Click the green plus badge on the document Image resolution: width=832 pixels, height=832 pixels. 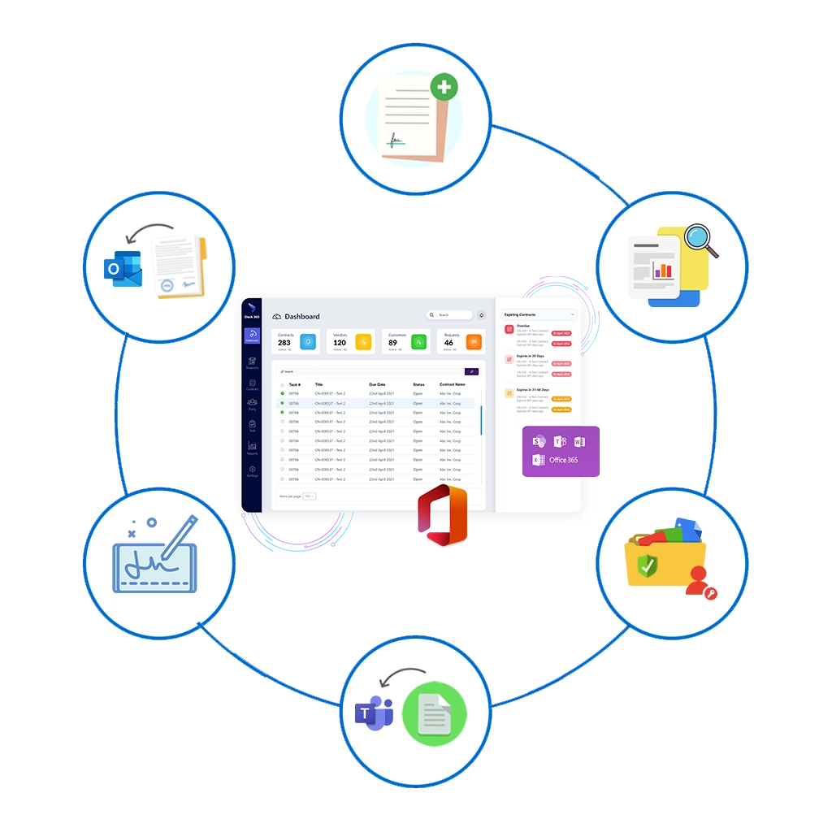point(444,86)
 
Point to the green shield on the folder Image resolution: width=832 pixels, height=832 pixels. point(647,566)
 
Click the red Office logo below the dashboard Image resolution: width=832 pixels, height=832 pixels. point(443,515)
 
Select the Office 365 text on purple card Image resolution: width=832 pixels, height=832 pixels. point(563,460)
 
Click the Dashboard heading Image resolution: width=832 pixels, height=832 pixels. point(301,316)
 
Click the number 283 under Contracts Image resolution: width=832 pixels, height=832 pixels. point(284,343)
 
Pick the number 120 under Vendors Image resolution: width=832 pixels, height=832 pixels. point(340,343)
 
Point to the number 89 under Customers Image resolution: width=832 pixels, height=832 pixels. point(392,343)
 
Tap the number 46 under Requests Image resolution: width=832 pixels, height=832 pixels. point(448,343)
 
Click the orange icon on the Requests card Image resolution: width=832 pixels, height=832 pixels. point(474,342)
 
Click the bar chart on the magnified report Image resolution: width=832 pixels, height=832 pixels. point(665,269)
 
